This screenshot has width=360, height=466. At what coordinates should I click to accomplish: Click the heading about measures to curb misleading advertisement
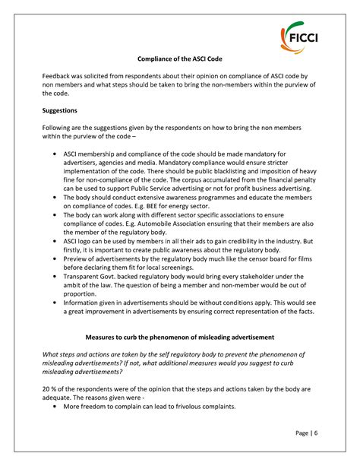click(179, 337)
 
